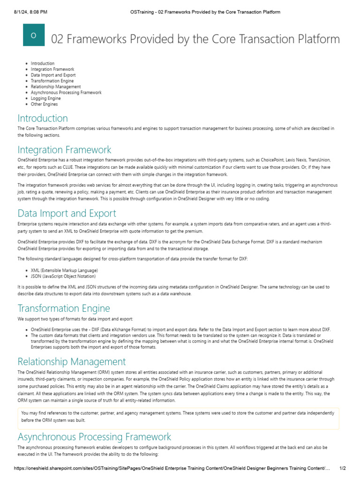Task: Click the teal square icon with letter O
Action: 34,35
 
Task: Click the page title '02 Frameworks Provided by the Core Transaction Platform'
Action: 195,38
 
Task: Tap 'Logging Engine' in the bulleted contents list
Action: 45,98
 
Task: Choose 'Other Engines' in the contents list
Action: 44,104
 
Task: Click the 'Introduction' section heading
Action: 43,118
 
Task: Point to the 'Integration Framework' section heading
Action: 64,150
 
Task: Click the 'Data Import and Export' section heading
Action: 67,213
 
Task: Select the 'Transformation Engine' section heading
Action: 64,308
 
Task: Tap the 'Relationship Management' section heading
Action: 72,361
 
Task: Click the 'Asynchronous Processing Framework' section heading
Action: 94,437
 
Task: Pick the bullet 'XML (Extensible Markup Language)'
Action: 64,270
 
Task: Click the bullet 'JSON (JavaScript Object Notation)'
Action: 63,276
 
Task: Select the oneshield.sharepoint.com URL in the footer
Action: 172,468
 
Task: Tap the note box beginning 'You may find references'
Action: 178,417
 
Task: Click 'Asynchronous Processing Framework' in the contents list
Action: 66,92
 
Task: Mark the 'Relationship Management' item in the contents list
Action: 56,87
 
